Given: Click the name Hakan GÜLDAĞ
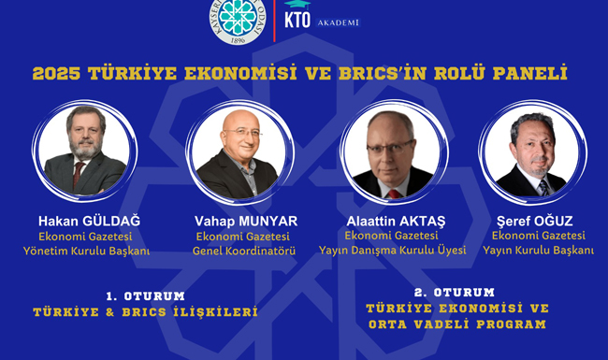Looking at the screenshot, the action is tap(89, 221).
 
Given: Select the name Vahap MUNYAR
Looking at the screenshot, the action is tap(246, 222).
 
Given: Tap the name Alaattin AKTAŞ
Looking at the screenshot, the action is tap(396, 222).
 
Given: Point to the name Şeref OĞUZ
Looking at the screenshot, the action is tap(535, 221).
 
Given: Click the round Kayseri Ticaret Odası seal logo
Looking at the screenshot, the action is tap(238, 21).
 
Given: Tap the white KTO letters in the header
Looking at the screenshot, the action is tap(297, 21).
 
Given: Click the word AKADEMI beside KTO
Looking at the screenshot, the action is tap(339, 22).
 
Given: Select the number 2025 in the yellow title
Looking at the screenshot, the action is tap(57, 73).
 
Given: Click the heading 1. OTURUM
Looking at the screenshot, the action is tap(145, 296).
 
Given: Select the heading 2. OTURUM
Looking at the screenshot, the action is tap(455, 292).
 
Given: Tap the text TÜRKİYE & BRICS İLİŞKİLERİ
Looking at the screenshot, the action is tap(145, 312).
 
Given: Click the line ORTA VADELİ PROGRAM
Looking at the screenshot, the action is tap(457, 324).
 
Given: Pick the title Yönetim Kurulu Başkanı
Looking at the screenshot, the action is tap(86, 252).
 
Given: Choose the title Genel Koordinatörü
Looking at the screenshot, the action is tap(244, 251).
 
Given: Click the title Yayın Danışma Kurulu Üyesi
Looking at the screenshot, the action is tap(393, 251).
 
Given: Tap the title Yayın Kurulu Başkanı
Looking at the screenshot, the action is tap(538, 251).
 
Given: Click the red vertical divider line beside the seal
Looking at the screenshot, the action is tap(274, 21).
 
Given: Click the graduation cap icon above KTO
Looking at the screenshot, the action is tap(297, 5).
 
